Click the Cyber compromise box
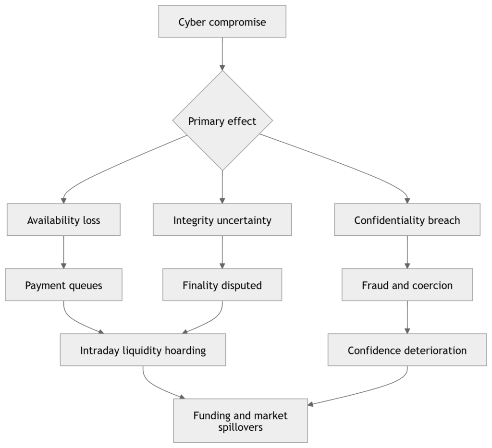[222, 21]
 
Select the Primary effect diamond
[222, 121]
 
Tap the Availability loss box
[64, 219]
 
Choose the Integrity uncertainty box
[222, 219]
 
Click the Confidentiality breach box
[407, 219]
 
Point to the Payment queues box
[64, 285]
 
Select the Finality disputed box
[222, 285]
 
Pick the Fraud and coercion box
[407, 285]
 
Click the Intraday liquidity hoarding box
[143, 350]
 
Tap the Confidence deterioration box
[407, 350]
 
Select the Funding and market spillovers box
[241, 421]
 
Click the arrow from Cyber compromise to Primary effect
[222, 54]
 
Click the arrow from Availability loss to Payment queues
[64, 252]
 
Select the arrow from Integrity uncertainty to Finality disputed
[222, 252]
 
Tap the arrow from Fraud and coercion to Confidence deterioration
[407, 317]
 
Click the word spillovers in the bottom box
[241, 427]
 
